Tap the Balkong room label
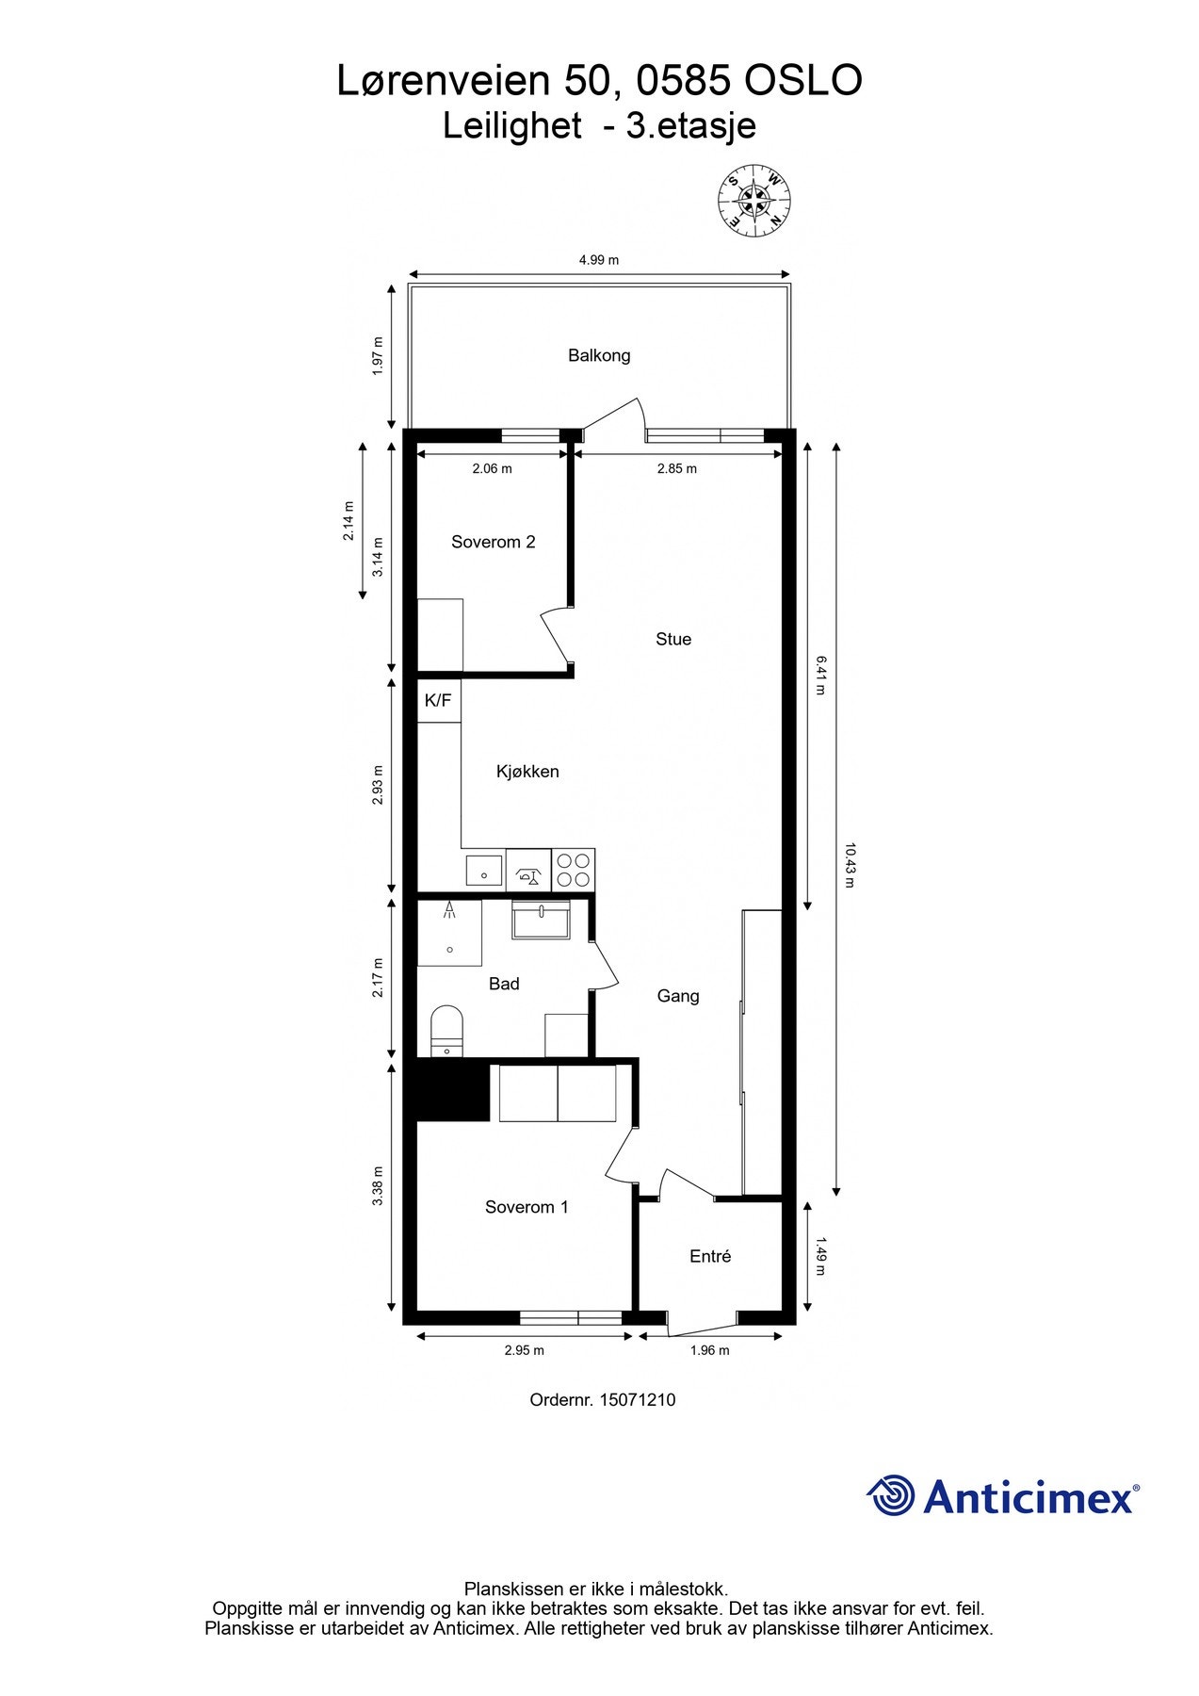tap(599, 355)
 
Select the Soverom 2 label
tap(493, 542)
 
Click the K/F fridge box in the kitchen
tap(438, 701)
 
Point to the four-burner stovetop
tap(573, 870)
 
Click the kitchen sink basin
tap(484, 870)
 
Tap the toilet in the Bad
tap(446, 1029)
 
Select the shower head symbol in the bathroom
tap(450, 909)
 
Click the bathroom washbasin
tap(542, 919)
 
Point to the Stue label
tap(673, 639)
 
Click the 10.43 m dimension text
tap(850, 865)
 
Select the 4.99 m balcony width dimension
tap(599, 260)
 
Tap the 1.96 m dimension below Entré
tap(710, 1350)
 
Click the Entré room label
tap(710, 1256)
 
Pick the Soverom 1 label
tap(527, 1207)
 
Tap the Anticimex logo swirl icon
tap(891, 1495)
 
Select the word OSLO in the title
tap(803, 82)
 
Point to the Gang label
tap(678, 996)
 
